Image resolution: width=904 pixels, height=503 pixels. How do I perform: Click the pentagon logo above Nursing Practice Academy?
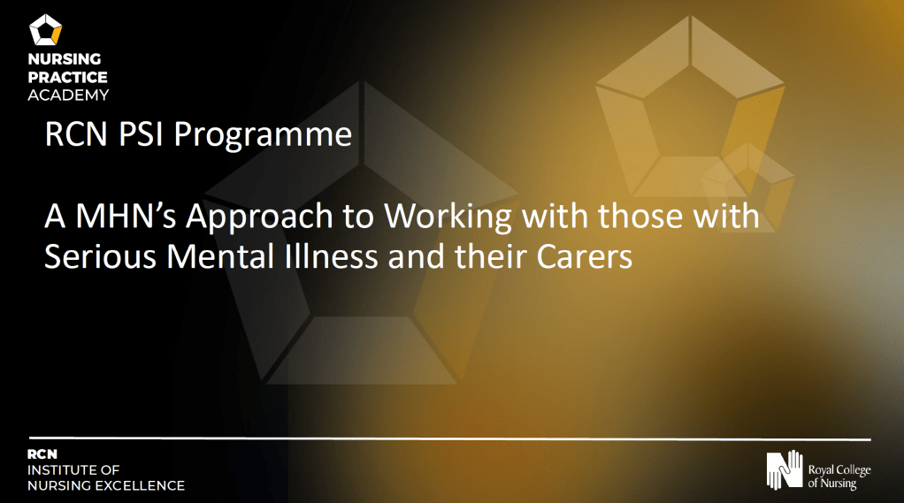pyautogui.click(x=45, y=30)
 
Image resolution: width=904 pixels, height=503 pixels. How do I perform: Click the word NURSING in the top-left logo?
pyautogui.click(x=65, y=58)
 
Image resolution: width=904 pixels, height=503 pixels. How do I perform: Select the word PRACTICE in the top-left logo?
pyautogui.click(x=67, y=77)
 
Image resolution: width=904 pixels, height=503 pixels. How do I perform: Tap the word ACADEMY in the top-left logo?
pyautogui.click(x=68, y=95)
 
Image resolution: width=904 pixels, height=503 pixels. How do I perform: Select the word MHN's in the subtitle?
pyautogui.click(x=126, y=216)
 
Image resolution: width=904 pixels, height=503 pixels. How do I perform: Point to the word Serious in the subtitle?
pyautogui.click(x=100, y=257)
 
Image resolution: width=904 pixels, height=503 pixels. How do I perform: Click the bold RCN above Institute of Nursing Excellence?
pyautogui.click(x=42, y=454)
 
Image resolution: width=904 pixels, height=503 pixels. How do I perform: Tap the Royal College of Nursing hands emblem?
pyautogui.click(x=784, y=469)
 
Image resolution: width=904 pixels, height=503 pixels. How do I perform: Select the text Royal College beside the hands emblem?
pyautogui.click(x=839, y=470)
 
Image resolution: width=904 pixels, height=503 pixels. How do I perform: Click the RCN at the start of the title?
pyautogui.click(x=76, y=133)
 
